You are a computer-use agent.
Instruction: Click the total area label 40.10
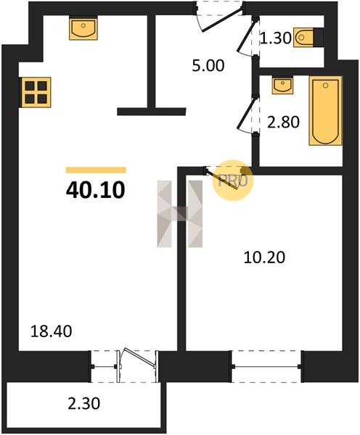click(x=96, y=191)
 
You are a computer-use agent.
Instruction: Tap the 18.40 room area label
click(x=51, y=331)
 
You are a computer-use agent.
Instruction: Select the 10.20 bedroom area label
click(x=264, y=257)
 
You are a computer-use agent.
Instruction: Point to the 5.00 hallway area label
click(x=208, y=66)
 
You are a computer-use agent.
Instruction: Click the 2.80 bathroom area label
click(x=283, y=123)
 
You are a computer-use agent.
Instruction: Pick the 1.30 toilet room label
click(x=276, y=38)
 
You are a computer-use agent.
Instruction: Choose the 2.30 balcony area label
click(x=84, y=403)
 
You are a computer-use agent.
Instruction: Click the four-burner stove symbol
click(x=36, y=92)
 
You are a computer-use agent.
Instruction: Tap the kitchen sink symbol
click(x=83, y=28)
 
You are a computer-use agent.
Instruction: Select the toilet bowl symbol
click(x=304, y=37)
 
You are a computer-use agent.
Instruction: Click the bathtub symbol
click(x=326, y=110)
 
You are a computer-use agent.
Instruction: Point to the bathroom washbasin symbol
click(x=282, y=85)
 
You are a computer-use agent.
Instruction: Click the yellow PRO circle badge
click(x=233, y=181)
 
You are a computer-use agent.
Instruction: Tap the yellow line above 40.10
click(x=96, y=170)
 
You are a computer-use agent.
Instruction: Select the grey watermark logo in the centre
click(x=180, y=214)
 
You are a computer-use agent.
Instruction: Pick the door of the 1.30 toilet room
click(x=247, y=36)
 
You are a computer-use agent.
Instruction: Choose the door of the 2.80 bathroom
click(x=247, y=115)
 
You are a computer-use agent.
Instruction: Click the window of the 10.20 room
click(x=266, y=366)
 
